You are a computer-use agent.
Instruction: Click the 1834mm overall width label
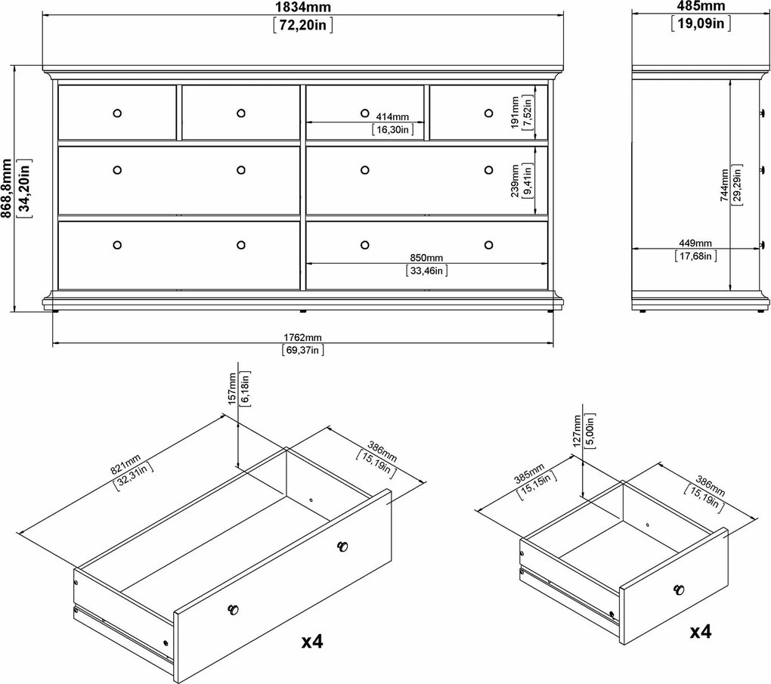pyautogui.click(x=302, y=7)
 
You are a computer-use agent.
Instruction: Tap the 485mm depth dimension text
pyautogui.click(x=701, y=6)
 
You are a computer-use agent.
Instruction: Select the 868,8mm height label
pyautogui.click(x=6, y=188)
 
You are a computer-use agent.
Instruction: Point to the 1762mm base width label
pyautogui.click(x=302, y=337)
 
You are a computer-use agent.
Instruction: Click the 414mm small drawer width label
pyautogui.click(x=392, y=117)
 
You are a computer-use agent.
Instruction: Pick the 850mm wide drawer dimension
pyautogui.click(x=426, y=258)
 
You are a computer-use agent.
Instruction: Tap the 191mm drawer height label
pyautogui.click(x=515, y=113)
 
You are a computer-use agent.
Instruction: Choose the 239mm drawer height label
pyautogui.click(x=515, y=181)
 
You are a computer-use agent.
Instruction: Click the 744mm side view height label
pyautogui.click(x=726, y=185)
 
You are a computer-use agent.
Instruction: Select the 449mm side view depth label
pyautogui.click(x=695, y=243)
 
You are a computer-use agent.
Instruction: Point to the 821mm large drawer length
pyautogui.click(x=125, y=465)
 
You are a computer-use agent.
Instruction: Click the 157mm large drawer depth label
pyautogui.click(x=233, y=389)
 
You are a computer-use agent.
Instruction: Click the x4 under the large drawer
pyautogui.click(x=312, y=641)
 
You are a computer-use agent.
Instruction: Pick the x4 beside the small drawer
pyautogui.click(x=701, y=631)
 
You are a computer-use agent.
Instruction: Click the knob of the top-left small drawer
pyautogui.click(x=117, y=113)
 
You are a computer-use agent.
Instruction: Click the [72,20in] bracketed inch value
pyautogui.click(x=302, y=25)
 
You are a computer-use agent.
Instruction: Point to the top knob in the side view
pyautogui.click(x=762, y=113)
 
